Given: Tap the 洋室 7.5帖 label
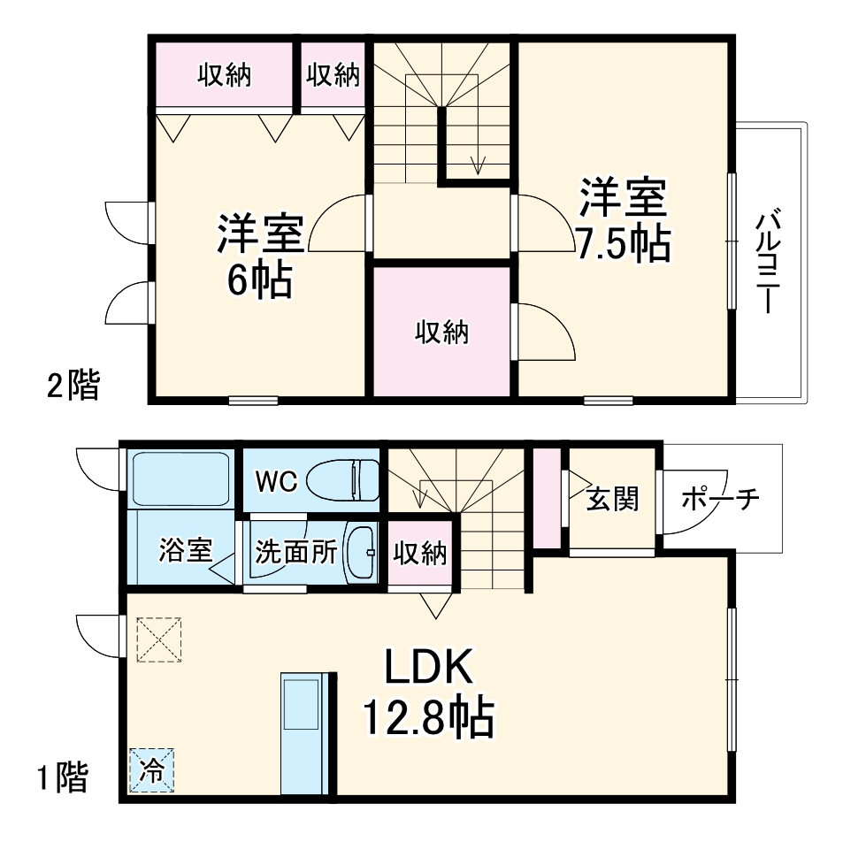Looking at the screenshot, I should (622, 219).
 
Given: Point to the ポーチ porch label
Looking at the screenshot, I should (721, 500).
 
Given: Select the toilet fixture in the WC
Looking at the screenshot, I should (341, 480).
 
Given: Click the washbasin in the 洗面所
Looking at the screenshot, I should (360, 552).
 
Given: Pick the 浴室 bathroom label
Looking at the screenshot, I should (185, 551).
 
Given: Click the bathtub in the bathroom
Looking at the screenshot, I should (180, 478).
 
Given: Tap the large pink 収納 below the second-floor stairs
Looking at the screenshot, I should (441, 333).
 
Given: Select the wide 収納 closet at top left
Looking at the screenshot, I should (224, 75).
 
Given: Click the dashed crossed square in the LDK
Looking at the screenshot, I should (160, 639).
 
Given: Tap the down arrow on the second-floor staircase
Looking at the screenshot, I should (479, 164).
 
